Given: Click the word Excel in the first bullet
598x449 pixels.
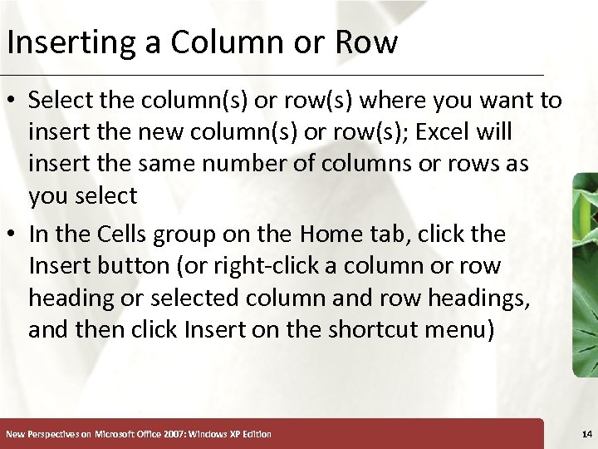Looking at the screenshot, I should point(440,132).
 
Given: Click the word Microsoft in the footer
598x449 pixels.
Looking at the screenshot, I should point(116,434).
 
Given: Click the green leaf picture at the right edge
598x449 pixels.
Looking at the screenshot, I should point(585,274).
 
